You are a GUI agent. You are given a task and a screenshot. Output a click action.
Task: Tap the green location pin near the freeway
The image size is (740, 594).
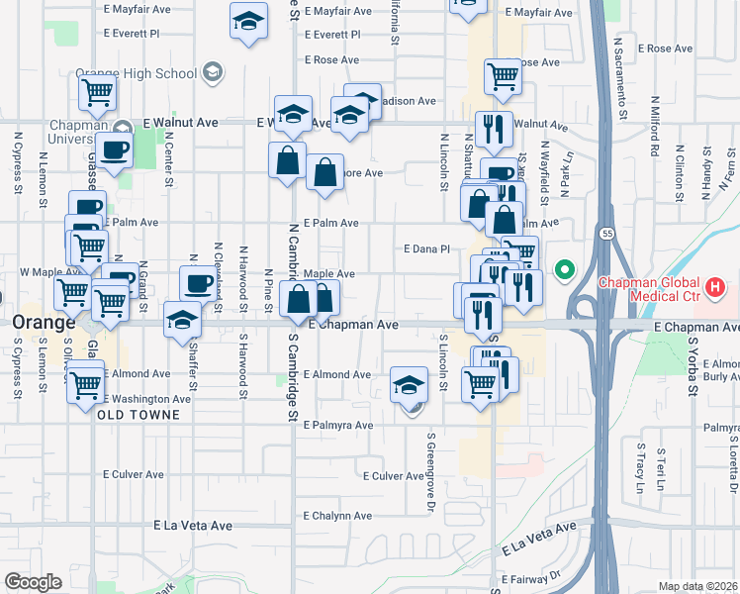coord(565,268)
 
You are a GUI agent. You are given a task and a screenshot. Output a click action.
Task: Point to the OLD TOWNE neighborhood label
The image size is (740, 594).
coord(139,415)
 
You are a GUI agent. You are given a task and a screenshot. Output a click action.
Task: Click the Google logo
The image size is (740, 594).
coord(33,582)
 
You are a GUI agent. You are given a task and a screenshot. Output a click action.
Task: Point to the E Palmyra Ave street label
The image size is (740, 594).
coord(338,425)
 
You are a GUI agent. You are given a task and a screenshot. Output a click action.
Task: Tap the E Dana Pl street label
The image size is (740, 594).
coord(427,249)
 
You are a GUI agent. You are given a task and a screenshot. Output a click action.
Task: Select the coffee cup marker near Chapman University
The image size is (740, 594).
coord(116,151)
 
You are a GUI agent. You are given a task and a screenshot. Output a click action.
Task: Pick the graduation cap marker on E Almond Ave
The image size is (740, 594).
coord(409,385)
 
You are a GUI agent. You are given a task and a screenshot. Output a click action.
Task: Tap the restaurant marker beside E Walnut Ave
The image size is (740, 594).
coord(493,129)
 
